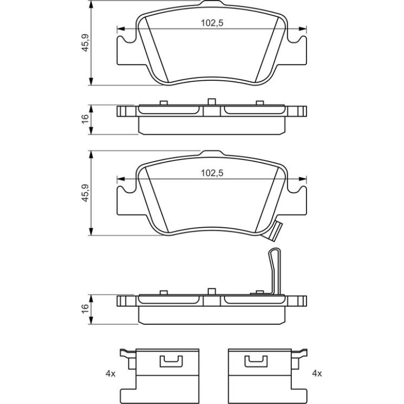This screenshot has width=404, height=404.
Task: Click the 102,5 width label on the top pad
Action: [x=212, y=23]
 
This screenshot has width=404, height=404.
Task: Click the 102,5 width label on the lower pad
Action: [x=212, y=173]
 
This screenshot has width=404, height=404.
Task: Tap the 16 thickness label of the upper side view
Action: [x=85, y=119]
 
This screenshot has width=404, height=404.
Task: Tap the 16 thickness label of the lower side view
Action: [x=85, y=309]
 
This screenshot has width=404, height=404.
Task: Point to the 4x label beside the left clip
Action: [x=111, y=374]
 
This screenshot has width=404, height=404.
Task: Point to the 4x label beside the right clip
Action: [x=317, y=374]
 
